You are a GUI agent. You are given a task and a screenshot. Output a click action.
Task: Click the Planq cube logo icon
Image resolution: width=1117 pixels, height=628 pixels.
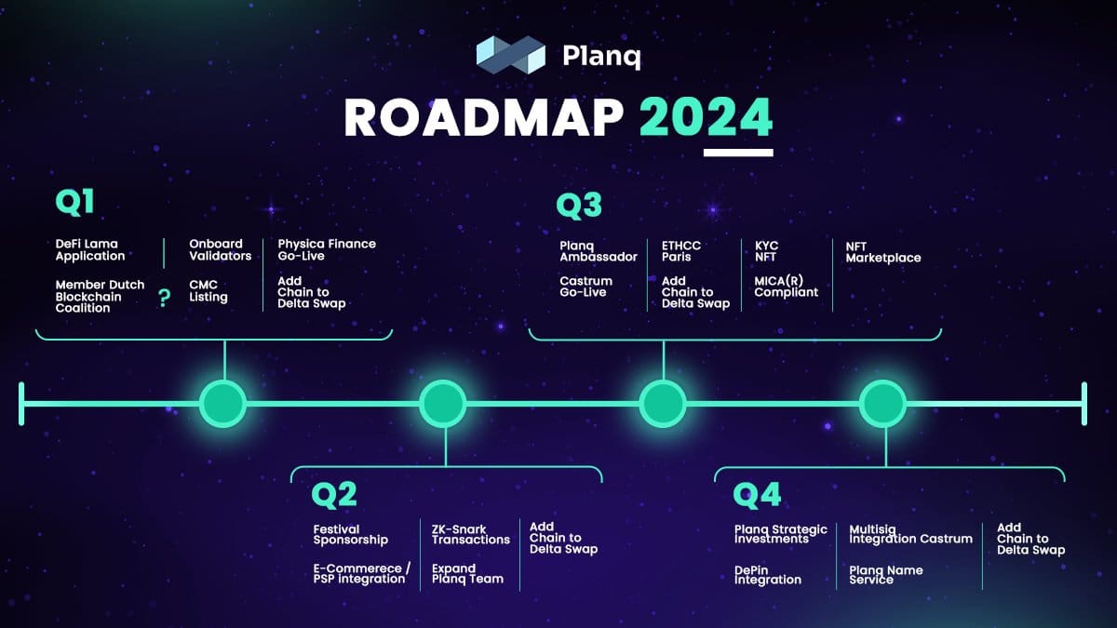[511, 55]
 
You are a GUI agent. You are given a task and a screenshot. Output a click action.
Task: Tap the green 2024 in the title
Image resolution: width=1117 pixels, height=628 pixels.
[707, 117]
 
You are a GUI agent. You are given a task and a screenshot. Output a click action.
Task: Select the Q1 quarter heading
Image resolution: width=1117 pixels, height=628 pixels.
[74, 203]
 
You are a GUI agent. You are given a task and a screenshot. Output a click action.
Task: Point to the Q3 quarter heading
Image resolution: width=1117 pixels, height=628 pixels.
[579, 206]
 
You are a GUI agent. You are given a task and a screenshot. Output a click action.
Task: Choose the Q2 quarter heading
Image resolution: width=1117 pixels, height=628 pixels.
[334, 495]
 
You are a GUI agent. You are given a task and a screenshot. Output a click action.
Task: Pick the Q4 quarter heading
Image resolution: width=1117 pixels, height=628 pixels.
[757, 495]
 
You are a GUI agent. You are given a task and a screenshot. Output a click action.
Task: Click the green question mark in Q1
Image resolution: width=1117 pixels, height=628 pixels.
[164, 298]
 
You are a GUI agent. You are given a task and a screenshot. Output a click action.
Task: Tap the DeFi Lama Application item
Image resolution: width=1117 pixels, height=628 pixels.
[90, 250]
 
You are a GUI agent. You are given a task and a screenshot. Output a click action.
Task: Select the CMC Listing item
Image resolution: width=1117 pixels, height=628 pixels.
[209, 291]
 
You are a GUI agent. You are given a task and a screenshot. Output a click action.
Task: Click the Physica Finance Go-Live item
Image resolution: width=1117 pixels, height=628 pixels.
[327, 250]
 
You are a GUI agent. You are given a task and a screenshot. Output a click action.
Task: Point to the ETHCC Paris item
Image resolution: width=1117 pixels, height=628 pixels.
[681, 251]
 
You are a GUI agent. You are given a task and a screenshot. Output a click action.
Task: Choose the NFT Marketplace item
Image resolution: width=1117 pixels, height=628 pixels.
[883, 253]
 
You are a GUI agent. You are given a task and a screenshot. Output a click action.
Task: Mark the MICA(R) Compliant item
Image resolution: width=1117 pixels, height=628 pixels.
[786, 287]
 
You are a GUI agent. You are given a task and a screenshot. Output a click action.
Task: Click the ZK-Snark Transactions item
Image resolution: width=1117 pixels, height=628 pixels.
[471, 535]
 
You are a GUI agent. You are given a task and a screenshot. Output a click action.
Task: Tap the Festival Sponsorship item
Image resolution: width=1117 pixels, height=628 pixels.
[351, 535]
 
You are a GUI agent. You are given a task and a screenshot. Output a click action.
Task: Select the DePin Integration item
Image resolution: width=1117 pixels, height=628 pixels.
[768, 575]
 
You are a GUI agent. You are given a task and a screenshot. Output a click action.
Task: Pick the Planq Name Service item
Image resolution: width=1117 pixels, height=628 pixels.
[886, 575]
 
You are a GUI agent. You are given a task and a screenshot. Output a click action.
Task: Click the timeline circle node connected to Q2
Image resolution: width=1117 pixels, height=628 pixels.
[443, 404]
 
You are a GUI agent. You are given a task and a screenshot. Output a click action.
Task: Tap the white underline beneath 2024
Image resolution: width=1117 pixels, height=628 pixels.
[738, 153]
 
